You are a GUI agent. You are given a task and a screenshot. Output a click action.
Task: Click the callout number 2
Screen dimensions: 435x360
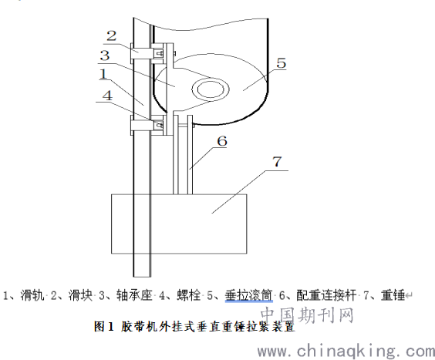pos(112,36)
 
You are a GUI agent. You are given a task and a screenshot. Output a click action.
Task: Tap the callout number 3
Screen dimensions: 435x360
pos(105,56)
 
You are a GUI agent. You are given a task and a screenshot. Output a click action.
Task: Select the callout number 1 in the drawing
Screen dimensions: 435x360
pos(103,74)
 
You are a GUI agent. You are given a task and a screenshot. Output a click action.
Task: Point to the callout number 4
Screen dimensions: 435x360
pos(107,96)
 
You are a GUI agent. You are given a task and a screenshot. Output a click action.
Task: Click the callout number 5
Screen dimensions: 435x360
pos(281,63)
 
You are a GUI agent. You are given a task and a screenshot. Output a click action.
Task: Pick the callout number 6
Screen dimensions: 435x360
pos(222,141)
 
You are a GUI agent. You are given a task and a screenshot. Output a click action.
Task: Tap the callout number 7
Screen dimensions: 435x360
pos(277,161)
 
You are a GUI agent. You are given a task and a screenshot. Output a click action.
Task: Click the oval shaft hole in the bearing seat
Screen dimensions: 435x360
pos(211,89)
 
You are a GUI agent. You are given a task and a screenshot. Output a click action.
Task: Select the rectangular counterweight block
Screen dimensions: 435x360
pos(179,224)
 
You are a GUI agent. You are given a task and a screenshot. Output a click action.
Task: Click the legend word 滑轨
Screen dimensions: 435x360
pos(32,295)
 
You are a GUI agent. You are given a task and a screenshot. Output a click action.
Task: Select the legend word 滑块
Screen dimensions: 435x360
pos(80,295)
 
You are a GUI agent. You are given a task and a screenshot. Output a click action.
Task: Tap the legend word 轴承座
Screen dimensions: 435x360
pos(134,295)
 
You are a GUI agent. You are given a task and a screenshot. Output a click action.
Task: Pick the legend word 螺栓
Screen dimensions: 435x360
pos(189,295)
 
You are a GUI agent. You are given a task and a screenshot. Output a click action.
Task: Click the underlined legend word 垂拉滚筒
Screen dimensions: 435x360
pos(249,295)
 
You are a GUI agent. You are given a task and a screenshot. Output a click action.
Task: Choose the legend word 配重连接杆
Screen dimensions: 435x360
pos(326,295)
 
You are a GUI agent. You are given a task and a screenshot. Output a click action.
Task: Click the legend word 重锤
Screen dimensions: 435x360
pos(393,295)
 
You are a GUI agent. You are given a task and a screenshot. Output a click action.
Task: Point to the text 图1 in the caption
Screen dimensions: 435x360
pos(104,327)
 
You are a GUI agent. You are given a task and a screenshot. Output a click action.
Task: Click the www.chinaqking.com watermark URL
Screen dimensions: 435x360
pos(346,352)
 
